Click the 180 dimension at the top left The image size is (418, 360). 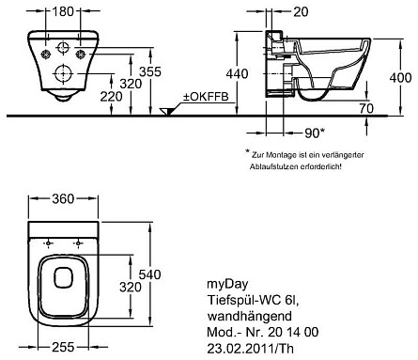[63, 11]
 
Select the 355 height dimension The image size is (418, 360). [150, 71]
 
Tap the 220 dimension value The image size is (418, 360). [111, 97]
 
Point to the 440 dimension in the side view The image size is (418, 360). [237, 73]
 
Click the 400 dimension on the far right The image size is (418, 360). [400, 77]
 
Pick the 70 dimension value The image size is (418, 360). [366, 108]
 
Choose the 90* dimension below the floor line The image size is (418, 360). [315, 133]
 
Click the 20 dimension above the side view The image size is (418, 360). [301, 11]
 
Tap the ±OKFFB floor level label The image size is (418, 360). [206, 97]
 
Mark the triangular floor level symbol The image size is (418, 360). [166, 111]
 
